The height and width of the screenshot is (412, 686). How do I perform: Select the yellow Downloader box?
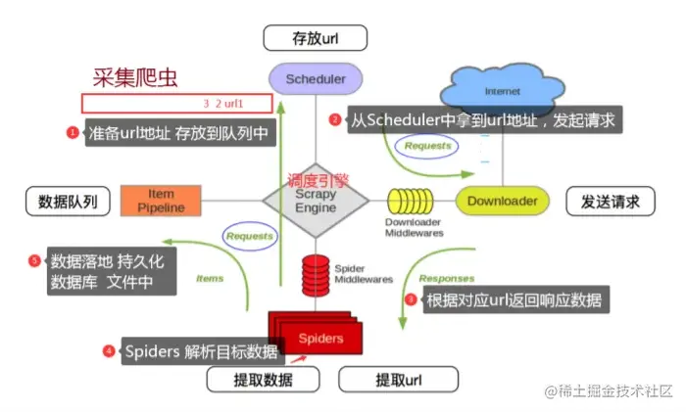click(x=502, y=202)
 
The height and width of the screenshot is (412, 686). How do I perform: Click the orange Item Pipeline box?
click(x=160, y=200)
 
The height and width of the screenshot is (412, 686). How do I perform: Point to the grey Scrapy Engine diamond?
click(x=315, y=202)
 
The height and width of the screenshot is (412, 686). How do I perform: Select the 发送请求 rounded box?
click(x=611, y=202)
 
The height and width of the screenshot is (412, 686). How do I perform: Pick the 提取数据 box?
click(x=262, y=380)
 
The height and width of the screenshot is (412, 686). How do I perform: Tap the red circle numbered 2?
click(x=334, y=120)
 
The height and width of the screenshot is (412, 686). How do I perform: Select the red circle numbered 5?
click(x=35, y=260)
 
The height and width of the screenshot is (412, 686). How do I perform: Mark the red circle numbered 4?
click(x=109, y=351)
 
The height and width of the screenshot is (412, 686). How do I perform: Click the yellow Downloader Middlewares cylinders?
click(x=412, y=202)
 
